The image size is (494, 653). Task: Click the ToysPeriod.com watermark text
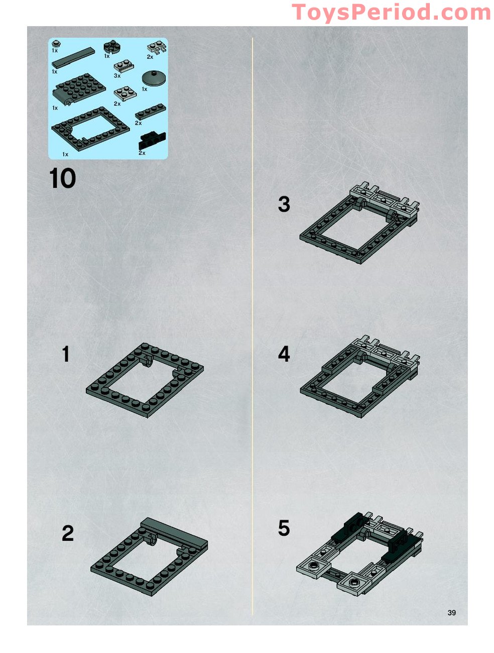(x=391, y=12)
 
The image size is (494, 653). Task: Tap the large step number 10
(x=62, y=178)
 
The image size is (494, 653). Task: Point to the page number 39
(x=451, y=612)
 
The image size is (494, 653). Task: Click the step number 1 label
(x=66, y=354)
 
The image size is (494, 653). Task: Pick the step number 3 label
(x=284, y=204)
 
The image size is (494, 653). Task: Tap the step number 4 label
(x=284, y=354)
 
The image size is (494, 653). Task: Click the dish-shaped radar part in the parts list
(x=154, y=78)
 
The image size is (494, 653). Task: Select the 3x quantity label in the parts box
(x=117, y=76)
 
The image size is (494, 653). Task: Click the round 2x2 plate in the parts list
(x=112, y=46)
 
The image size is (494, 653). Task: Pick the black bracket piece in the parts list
(x=152, y=141)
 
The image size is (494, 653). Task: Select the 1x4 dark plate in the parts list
(x=151, y=112)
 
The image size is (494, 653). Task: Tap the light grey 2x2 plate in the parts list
(x=125, y=94)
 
